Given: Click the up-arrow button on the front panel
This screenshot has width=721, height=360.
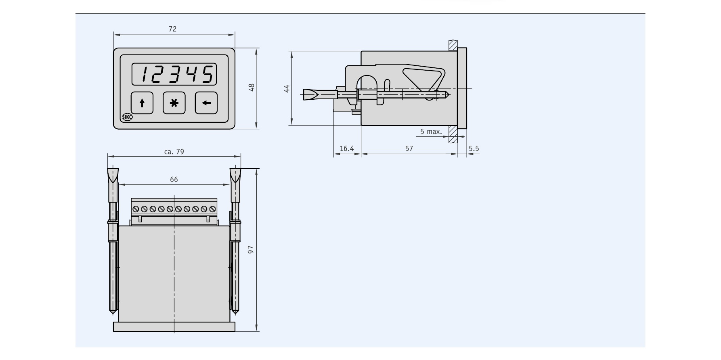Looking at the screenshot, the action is click(142, 103).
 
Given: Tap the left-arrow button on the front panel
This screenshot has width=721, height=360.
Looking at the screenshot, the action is click(206, 103).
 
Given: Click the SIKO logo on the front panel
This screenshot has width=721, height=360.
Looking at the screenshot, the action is click(127, 117).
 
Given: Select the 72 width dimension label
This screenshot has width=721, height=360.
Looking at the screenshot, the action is click(172, 29).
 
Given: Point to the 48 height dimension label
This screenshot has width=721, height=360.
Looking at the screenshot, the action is click(251, 88).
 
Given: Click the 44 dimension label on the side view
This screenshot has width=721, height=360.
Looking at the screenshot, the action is click(287, 88).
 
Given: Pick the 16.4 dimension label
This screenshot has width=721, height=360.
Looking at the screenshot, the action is click(346, 149).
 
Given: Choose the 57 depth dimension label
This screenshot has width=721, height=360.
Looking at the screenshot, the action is click(409, 149).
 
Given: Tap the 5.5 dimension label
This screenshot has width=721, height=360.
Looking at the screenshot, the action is click(474, 149).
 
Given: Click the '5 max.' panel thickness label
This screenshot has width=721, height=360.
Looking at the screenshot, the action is click(431, 132).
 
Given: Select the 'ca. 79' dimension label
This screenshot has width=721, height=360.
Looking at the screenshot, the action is click(174, 152).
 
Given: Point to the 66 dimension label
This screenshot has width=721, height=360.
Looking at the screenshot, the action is click(174, 180).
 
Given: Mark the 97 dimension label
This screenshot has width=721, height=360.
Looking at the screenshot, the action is click(251, 250).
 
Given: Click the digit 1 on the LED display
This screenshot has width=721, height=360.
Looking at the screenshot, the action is click(145, 74).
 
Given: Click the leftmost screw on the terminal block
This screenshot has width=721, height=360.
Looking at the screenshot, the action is click(136, 209).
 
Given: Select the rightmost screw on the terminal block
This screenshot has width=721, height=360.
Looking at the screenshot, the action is click(212, 209).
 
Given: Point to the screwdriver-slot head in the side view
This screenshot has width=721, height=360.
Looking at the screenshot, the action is click(311, 95).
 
